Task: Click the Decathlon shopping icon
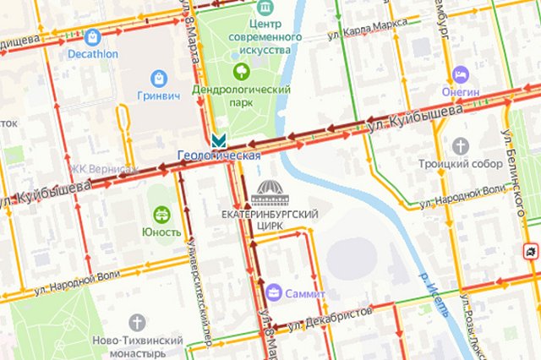tap(92, 37)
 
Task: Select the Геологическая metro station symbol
tap(220, 139)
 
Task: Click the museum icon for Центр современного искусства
tap(266, 8)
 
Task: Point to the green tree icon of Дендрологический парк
tap(242, 71)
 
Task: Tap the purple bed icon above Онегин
tap(461, 74)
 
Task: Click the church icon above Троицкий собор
tap(461, 145)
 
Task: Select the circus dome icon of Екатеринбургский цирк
tap(269, 193)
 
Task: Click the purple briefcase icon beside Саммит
tap(274, 293)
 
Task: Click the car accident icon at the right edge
tap(530, 251)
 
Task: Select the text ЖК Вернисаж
tap(105, 168)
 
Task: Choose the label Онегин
tap(461, 92)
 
